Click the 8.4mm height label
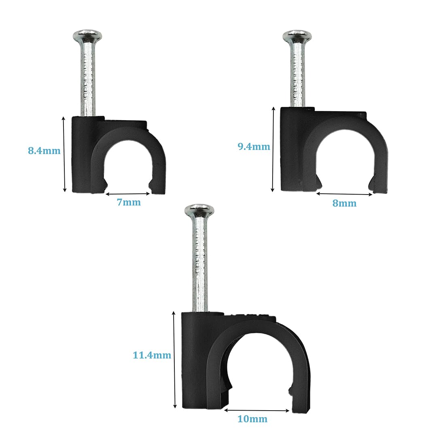coord(44,151)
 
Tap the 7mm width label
coord(129,202)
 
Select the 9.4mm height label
coord(254,146)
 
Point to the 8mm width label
coord(344,203)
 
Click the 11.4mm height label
coord(152,356)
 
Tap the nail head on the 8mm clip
coord(297,36)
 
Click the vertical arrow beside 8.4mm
coord(64,154)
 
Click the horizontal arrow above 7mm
coord(128,193)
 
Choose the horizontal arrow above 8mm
coord(344,194)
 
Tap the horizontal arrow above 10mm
coord(256,410)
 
